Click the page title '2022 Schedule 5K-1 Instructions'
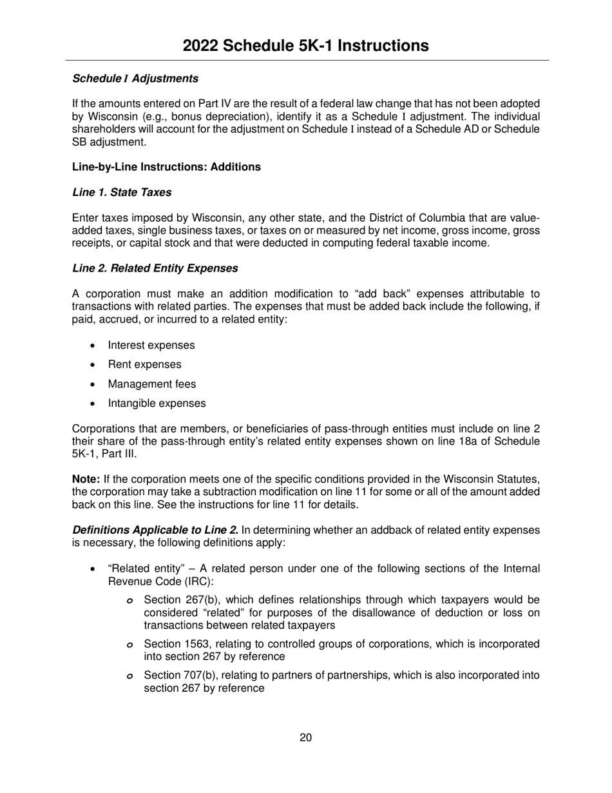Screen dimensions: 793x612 click(305, 45)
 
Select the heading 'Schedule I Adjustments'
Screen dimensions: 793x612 click(135, 78)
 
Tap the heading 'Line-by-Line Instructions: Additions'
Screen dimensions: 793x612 click(166, 167)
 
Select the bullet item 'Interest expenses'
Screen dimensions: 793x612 click(151, 345)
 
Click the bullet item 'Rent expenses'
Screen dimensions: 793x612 click(144, 364)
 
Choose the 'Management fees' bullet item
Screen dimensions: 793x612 click(152, 384)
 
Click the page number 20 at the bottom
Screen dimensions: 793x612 click(305, 738)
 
